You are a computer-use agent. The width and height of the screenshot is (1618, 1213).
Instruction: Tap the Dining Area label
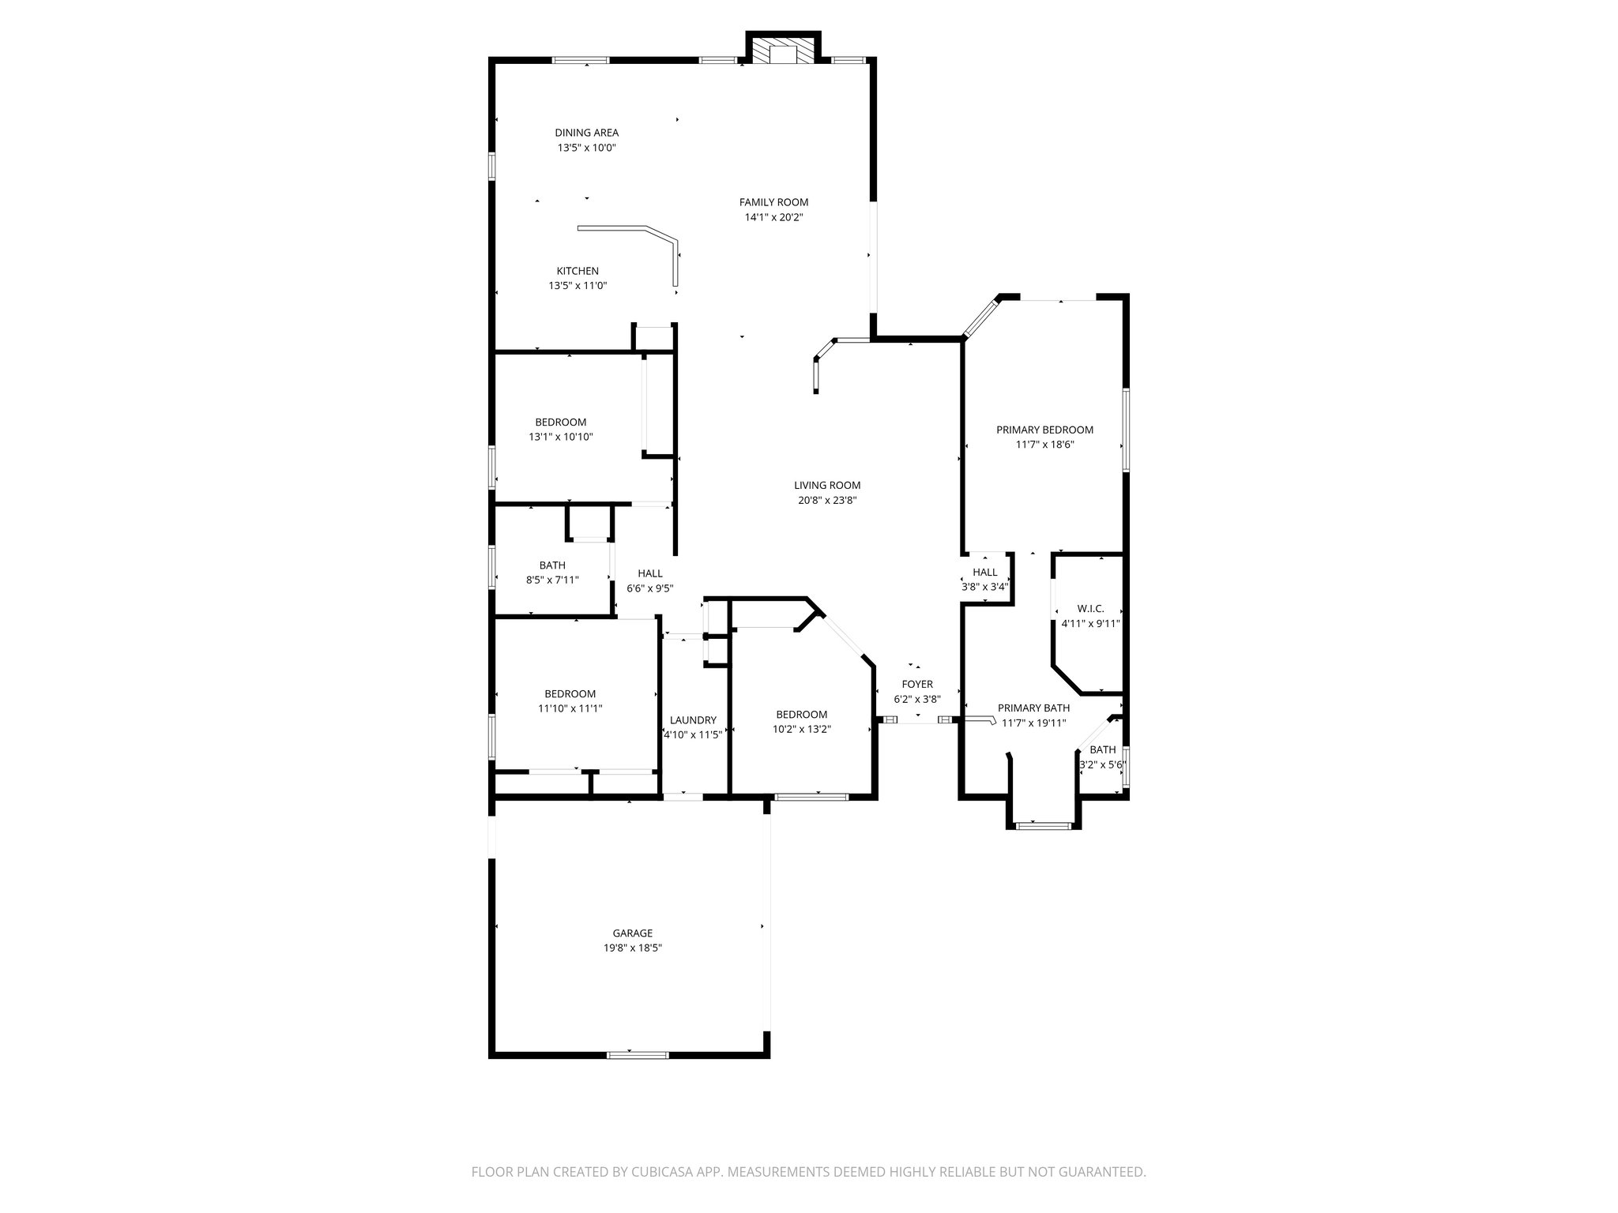(x=586, y=133)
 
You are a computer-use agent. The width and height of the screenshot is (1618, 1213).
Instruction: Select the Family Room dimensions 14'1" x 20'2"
(x=773, y=217)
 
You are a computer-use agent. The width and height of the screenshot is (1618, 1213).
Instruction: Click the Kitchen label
(x=578, y=271)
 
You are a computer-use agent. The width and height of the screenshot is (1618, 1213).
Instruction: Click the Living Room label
(x=827, y=486)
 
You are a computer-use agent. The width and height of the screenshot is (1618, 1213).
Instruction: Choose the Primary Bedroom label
(x=1044, y=430)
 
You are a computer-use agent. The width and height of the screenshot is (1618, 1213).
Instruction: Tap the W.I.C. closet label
(x=1090, y=609)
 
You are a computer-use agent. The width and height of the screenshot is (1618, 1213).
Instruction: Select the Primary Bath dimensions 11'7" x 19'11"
(x=1034, y=723)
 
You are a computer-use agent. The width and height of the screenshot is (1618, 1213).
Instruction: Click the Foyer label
(x=917, y=684)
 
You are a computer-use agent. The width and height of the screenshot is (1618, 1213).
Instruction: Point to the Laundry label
(x=693, y=720)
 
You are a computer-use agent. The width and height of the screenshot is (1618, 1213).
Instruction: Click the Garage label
(x=633, y=933)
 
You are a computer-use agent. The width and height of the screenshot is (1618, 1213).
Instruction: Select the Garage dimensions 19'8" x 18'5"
(x=633, y=948)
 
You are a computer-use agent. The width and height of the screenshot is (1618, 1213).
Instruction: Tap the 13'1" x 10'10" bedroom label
(x=561, y=422)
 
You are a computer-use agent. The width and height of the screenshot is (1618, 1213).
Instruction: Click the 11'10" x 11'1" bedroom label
(x=570, y=694)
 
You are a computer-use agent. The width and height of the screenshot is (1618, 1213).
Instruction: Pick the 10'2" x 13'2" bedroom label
(x=802, y=715)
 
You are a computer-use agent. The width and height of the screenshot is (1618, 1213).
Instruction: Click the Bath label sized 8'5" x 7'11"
(x=552, y=565)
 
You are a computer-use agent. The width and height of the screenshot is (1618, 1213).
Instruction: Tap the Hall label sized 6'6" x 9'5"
(x=650, y=573)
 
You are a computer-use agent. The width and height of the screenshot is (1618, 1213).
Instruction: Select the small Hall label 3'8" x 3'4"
(x=984, y=573)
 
